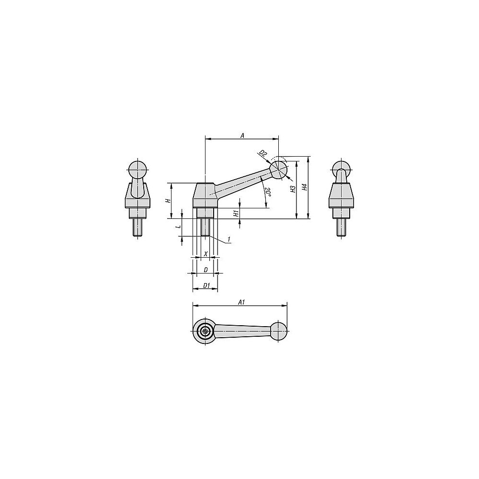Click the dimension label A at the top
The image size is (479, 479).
coord(242,136)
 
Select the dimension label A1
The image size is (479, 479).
coord(241,302)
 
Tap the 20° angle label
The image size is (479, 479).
coord(268,193)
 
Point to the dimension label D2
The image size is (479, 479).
coord(262,154)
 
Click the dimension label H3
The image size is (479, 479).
coord(293,189)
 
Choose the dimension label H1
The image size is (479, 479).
coord(236,213)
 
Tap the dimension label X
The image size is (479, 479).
coord(205,253)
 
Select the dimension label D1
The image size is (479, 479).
coord(206,286)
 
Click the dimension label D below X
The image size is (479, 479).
coord(205,270)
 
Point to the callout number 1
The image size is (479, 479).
coord(229,239)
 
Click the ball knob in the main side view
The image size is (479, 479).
coord(278,170)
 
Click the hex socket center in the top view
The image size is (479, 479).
coord(205,331)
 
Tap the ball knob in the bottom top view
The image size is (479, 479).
coord(278,331)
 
